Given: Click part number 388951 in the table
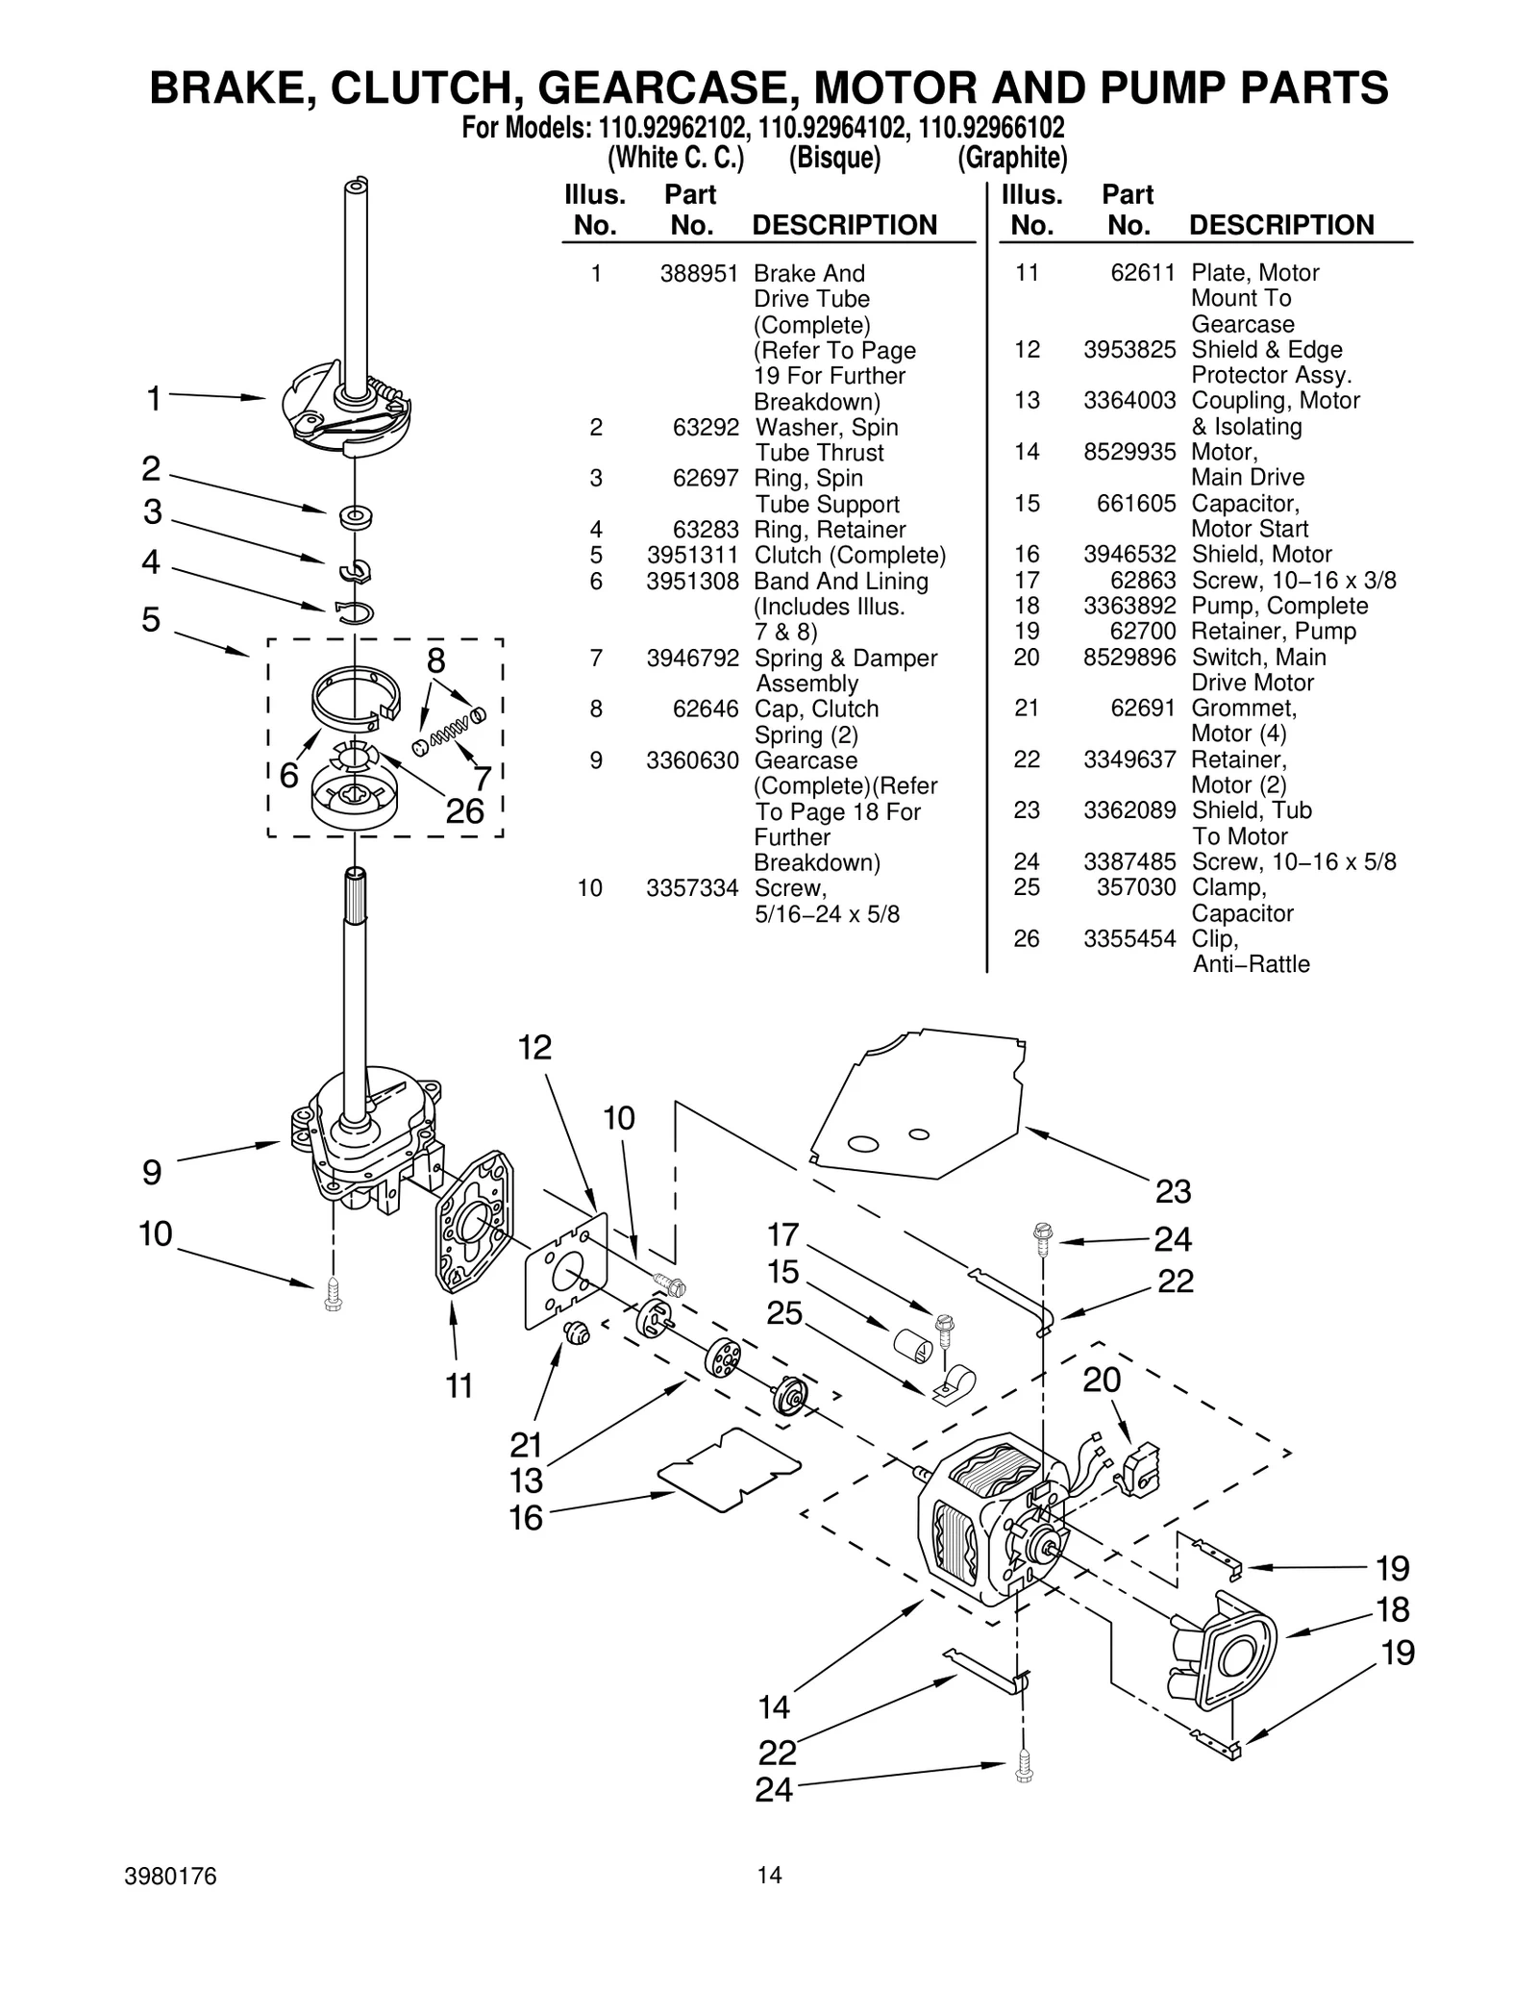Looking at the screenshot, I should [698, 273].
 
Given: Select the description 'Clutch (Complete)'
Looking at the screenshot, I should [850, 555].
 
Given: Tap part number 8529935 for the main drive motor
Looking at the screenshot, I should [1129, 452].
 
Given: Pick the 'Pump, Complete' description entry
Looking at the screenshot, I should [1279, 606].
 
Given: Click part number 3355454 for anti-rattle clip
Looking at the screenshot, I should [1129, 938].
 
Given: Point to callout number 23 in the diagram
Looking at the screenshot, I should [1173, 1191].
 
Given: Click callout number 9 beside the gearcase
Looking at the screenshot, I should [152, 1172].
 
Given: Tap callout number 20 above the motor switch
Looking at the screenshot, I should [1102, 1380].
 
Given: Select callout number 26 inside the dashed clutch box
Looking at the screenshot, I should [465, 811].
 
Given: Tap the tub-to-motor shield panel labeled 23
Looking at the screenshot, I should [913, 1106].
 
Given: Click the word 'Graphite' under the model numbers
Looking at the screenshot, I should [1012, 158].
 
